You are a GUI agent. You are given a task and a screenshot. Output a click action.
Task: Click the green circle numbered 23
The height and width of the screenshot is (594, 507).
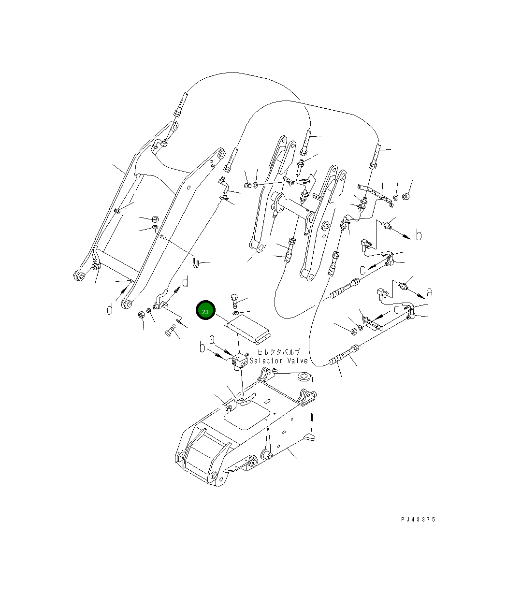click(205, 312)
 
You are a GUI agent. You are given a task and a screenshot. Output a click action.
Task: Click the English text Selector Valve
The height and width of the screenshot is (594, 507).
click(278, 361)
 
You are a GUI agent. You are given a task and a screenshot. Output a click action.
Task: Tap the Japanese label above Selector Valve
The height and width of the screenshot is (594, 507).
click(278, 352)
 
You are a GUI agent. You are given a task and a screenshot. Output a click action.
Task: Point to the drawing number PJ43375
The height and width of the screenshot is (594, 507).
click(418, 520)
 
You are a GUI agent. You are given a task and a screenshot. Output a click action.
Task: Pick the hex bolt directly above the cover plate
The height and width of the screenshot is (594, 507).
click(235, 301)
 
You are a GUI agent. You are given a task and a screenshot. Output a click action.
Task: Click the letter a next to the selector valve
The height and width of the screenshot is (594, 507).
click(212, 340)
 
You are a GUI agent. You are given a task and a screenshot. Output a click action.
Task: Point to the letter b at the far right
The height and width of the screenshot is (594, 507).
click(419, 235)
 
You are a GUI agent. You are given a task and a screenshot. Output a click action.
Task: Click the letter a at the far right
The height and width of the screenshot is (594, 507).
click(430, 291)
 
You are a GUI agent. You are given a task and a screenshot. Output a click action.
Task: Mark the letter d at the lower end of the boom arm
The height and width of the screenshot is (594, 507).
click(110, 308)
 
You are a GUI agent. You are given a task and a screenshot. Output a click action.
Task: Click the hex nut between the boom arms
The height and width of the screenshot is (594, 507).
click(156, 218)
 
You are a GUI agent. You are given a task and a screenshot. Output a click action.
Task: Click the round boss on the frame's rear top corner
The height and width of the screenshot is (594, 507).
click(304, 376)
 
